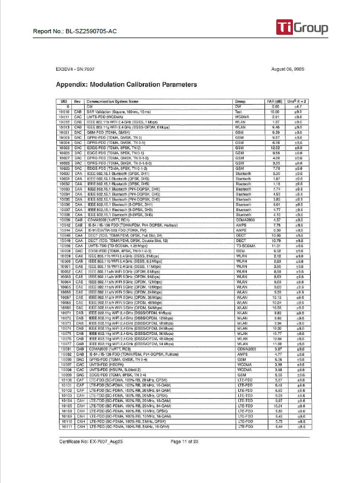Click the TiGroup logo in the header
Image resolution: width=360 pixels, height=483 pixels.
(302, 27)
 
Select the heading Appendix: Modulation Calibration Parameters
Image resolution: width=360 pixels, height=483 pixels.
(126, 85)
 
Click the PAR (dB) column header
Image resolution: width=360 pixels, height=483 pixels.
(275, 101)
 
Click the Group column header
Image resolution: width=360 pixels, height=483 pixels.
(240, 101)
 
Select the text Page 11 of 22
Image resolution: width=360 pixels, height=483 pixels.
(185, 441)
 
